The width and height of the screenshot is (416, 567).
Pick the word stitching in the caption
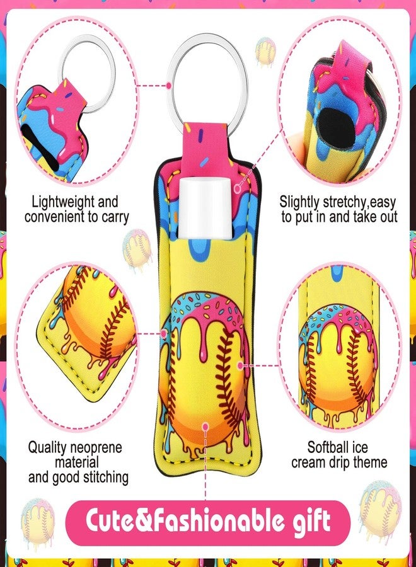click(106, 478)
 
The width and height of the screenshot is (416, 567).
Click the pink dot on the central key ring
click(169, 86)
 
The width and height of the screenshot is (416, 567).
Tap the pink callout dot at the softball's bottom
click(205, 427)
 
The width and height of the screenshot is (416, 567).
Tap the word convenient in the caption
click(55, 217)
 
